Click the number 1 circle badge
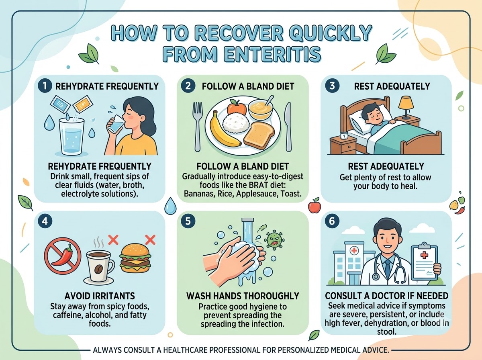tap(45, 86)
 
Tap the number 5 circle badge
tap(188, 221)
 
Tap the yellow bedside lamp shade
tap(406, 102)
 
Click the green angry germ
tap(274, 240)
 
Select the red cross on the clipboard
tap(424, 255)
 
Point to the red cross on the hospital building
tap(354, 250)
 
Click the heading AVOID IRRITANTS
tap(100, 296)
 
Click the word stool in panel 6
tap(387, 331)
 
